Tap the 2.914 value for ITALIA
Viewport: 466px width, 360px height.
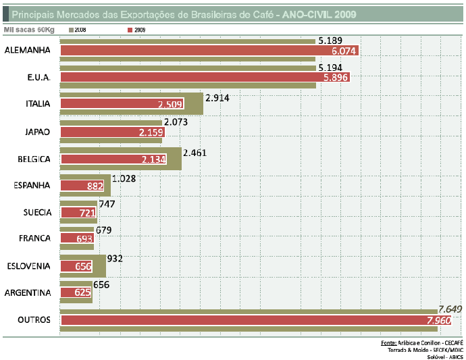pos(219,98)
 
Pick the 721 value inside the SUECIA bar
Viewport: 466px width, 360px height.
pos(88,213)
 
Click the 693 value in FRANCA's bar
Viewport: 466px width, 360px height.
pos(84,239)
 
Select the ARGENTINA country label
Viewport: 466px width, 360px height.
pos(28,292)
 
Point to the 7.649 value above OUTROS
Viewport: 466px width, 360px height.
pos(449,309)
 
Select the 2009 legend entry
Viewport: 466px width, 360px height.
pos(139,30)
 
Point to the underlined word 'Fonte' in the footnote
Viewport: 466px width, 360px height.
pos(388,343)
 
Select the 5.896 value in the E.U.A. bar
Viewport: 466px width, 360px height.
pos(336,78)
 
